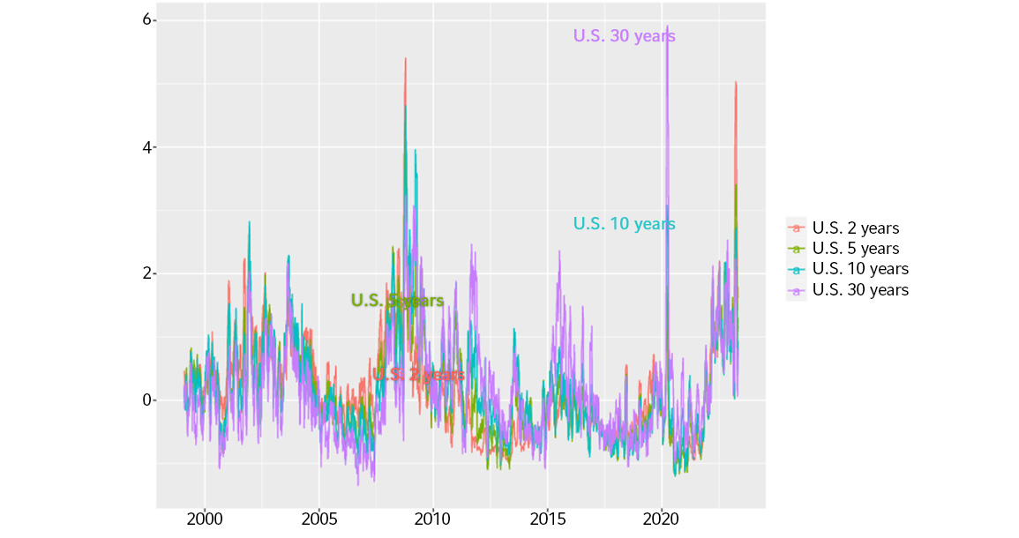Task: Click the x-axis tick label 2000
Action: point(205,519)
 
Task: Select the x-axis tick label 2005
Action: point(318,519)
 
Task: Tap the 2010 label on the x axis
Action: point(432,519)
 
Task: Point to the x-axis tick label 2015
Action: point(547,519)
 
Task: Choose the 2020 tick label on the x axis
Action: point(662,519)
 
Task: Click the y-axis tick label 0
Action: point(148,400)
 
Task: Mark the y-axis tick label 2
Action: point(148,273)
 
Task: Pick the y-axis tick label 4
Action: point(148,147)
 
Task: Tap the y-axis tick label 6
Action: point(148,20)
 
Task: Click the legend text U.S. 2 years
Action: point(855,228)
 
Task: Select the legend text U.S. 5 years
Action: point(855,249)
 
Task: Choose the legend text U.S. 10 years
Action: point(859,269)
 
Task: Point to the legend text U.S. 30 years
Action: point(859,289)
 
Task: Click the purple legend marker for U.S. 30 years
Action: point(797,289)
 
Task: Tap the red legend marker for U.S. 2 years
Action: point(797,228)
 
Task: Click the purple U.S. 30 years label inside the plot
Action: point(624,36)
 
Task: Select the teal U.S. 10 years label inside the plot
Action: point(624,224)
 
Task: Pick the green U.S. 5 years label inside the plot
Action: point(397,301)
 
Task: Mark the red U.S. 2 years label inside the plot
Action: point(417,375)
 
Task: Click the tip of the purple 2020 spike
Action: point(667,26)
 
